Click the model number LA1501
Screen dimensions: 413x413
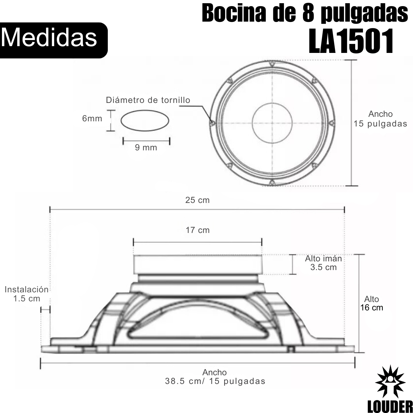pyautogui.click(x=351, y=41)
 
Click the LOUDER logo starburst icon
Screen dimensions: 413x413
pyautogui.click(x=391, y=382)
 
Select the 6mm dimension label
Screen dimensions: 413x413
pyautogui.click(x=92, y=118)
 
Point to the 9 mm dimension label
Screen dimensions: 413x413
pyautogui.click(x=146, y=147)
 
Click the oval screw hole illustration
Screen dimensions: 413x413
pyautogui.click(x=145, y=120)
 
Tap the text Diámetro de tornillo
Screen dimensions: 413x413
pyautogui.click(x=148, y=100)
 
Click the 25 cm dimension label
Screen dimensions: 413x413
pyautogui.click(x=197, y=200)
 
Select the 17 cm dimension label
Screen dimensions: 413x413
pyautogui.click(x=197, y=230)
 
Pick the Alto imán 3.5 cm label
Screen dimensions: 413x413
pyautogui.click(x=323, y=263)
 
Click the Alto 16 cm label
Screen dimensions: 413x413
pyautogui.click(x=372, y=303)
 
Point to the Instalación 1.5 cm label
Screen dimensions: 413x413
pyautogui.click(x=26, y=294)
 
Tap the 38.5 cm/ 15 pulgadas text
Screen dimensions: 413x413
pyautogui.click(x=215, y=381)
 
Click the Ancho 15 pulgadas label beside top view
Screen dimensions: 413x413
pyautogui.click(x=380, y=119)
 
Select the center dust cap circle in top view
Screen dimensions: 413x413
pyautogui.click(x=272, y=123)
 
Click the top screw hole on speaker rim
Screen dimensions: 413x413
pyautogui.click(x=272, y=64)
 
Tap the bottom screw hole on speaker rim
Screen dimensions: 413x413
pyautogui.click(x=272, y=183)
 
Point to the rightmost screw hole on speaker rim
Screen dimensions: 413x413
pyautogui.click(x=332, y=123)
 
